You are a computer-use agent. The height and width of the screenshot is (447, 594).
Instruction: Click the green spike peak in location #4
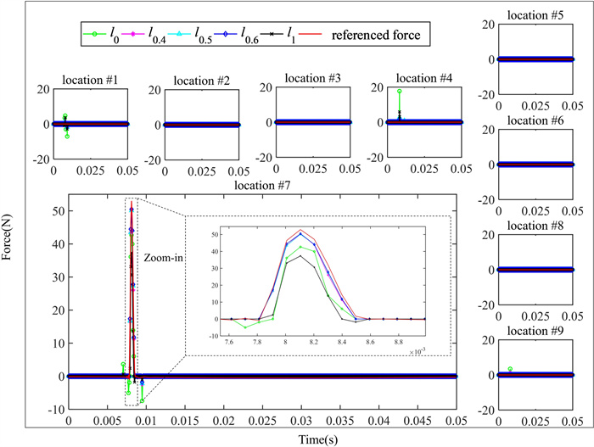(399, 91)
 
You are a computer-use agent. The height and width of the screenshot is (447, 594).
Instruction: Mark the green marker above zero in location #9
(510, 369)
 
